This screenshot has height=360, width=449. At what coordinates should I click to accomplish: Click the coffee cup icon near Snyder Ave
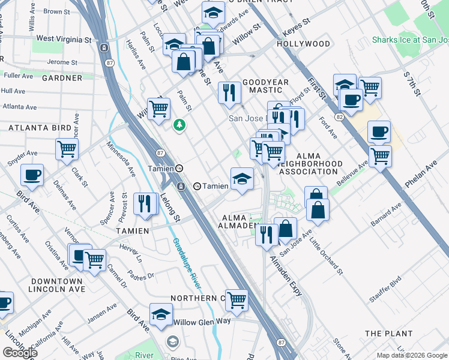point(32,175)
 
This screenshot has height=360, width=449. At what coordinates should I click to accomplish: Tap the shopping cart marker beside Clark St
point(67,148)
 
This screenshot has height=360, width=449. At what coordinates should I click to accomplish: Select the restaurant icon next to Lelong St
point(145,203)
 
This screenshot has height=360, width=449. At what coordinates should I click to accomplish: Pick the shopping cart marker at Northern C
point(237,299)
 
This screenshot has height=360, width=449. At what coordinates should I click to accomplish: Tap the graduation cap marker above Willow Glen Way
point(161,314)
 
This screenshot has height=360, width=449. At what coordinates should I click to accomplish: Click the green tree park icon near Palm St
point(178,125)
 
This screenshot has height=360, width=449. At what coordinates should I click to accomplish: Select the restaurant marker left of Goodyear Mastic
point(229,92)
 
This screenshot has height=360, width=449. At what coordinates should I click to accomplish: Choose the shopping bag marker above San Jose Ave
point(287,228)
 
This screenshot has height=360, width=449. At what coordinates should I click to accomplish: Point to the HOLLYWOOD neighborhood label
point(303,44)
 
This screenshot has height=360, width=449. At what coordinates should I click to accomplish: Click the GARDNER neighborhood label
point(62,78)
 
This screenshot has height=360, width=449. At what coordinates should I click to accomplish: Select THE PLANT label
point(388,333)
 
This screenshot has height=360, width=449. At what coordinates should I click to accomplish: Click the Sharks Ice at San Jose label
point(410,40)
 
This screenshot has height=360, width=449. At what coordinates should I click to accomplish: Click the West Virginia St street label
point(64,39)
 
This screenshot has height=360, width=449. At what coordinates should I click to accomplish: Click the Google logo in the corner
point(20,353)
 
